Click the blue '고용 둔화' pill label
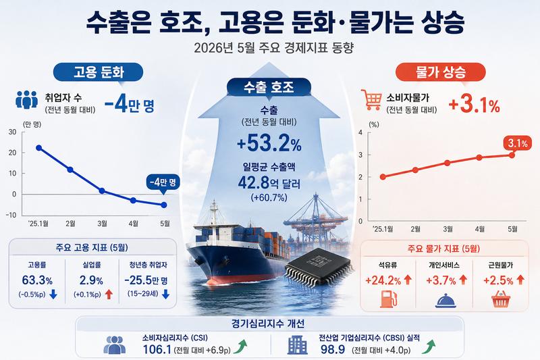[x=98, y=72]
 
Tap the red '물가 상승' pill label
[x=441, y=72]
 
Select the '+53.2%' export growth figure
[x=269, y=143]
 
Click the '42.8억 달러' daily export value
[x=269, y=183]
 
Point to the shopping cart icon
[x=371, y=99]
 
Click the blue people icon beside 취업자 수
[x=26, y=99]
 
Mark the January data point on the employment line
[x=39, y=148]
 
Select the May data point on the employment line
[x=164, y=205]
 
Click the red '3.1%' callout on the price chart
[x=518, y=143]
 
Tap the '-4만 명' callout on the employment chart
[x=163, y=182]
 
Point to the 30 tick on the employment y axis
[x=12, y=132]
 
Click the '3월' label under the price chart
[x=448, y=229]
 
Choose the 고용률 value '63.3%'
[x=37, y=280]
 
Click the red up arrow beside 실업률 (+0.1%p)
[x=109, y=294]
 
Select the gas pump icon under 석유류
[x=389, y=299]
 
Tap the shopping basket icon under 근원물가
[x=500, y=299]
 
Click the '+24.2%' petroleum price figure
[x=383, y=280]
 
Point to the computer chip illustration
[x=319, y=266]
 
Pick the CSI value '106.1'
[x=157, y=349]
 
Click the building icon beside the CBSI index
[x=298, y=345]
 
